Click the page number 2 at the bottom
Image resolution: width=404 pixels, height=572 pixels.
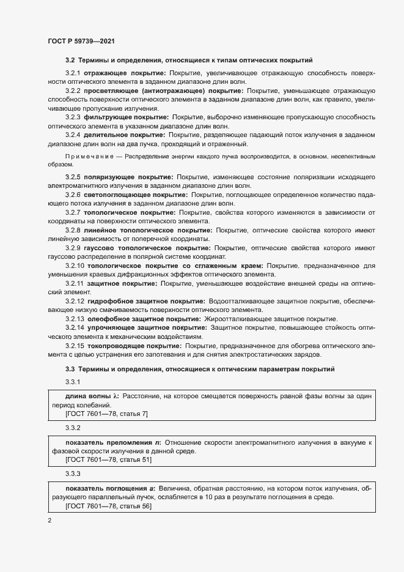(x=49, y=521)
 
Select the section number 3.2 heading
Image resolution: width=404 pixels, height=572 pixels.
(x=70, y=61)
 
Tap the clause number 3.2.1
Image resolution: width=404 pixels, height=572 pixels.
(x=73, y=73)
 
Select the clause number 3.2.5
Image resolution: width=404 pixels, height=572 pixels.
(x=73, y=177)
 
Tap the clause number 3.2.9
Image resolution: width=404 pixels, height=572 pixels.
(x=73, y=248)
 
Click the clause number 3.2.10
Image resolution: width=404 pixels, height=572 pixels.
(x=75, y=266)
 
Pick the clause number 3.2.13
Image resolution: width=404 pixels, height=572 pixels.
(x=75, y=319)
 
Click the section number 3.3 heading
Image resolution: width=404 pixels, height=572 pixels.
(x=70, y=369)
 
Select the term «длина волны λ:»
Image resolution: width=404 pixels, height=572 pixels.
(x=92, y=396)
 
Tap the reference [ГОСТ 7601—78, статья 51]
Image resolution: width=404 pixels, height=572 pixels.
(x=108, y=459)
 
